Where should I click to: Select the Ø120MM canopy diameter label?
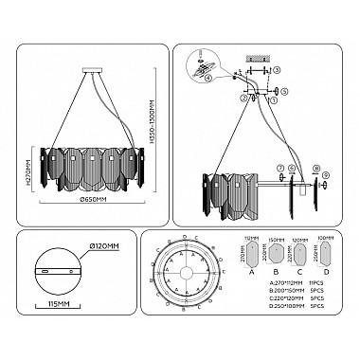[105, 246]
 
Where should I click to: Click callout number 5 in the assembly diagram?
[283, 91]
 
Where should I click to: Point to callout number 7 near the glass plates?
[279, 169]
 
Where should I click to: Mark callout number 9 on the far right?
[325, 173]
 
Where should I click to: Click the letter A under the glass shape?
[251, 270]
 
